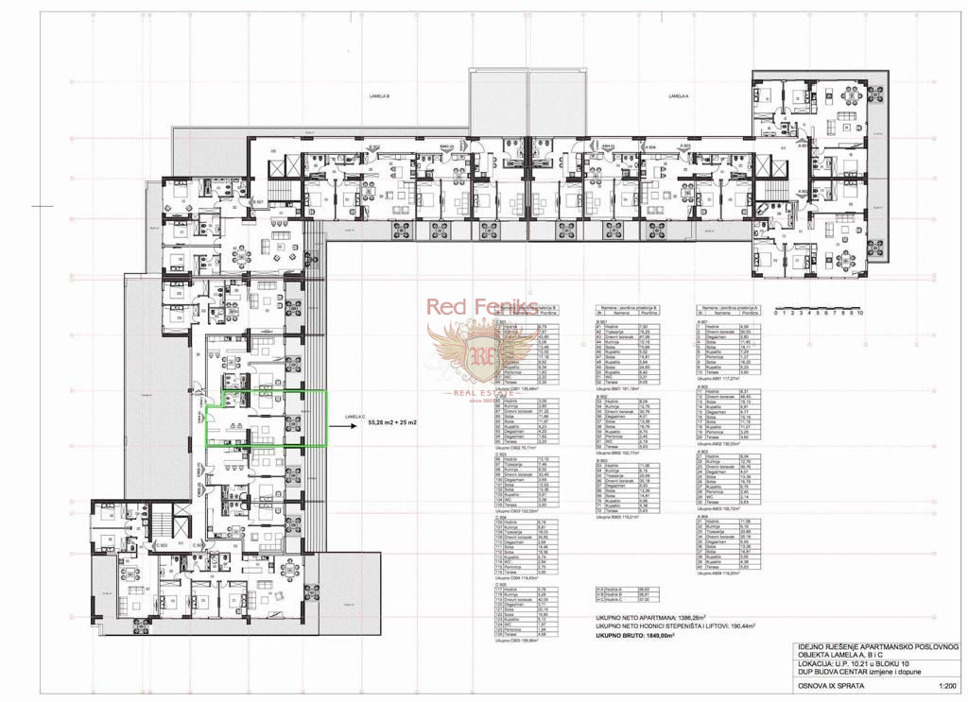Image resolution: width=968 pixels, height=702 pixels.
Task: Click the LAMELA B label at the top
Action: [380, 95]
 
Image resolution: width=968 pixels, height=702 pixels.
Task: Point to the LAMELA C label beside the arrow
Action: [354, 417]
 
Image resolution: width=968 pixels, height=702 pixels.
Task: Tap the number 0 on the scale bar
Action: [775, 312]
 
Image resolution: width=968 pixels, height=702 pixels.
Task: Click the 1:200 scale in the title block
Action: [945, 687]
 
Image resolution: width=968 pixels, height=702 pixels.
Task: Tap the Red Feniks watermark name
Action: [481, 307]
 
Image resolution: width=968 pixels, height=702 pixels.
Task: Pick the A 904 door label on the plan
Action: [649, 147]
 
